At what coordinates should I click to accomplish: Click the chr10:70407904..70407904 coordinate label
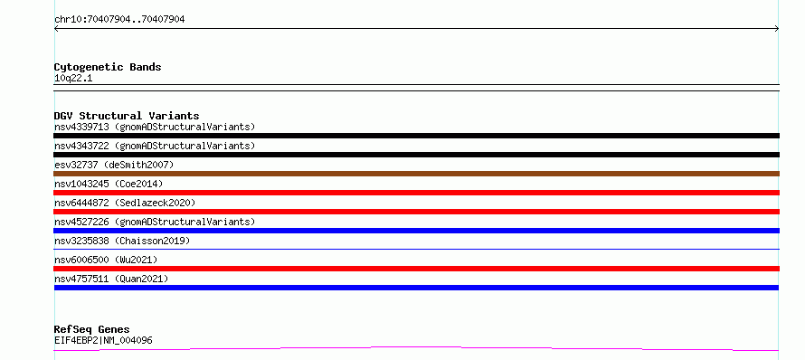pos(119,20)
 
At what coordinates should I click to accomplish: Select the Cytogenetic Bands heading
pos(108,67)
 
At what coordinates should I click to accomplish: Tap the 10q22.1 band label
pos(73,79)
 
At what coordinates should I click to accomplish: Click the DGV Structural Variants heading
pos(127,116)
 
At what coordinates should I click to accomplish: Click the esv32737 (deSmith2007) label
pos(114,165)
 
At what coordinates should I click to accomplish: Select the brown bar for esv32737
pos(416,174)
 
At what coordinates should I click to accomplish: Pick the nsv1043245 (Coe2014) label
pos(109,184)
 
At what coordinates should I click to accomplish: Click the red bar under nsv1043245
pos(416,193)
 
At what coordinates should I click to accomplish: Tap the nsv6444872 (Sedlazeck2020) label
pos(125,203)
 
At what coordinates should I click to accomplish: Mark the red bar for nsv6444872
pos(416,212)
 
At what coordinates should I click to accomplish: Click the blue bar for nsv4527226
pos(416,231)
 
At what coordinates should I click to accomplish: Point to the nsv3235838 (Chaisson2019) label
pos(122,241)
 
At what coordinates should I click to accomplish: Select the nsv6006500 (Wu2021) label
pos(106,260)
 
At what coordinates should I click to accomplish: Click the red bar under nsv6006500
pos(416,269)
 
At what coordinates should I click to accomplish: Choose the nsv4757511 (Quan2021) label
pos(111,279)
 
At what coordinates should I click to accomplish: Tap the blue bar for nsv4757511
pos(416,288)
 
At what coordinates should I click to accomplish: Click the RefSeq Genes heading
pos(92,330)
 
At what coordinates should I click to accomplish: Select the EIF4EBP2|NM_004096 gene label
pos(103,341)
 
